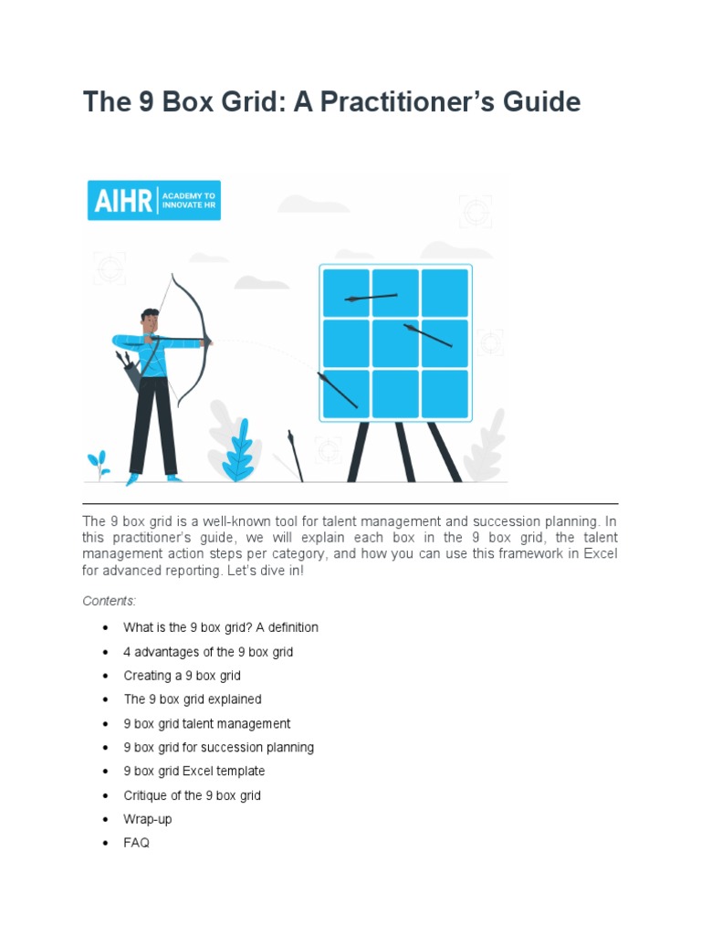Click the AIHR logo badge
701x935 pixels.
click(154, 200)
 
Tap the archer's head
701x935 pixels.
click(150, 320)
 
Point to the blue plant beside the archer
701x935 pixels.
click(238, 449)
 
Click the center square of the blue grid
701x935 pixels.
click(395, 342)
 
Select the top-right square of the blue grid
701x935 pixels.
click(445, 292)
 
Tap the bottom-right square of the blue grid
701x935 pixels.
click(445, 394)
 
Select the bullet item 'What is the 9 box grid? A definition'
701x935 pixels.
click(221, 628)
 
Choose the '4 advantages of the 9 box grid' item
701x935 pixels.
click(208, 652)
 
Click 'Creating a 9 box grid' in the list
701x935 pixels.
click(183, 676)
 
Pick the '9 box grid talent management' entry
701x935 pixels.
click(207, 723)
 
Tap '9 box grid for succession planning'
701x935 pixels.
click(219, 747)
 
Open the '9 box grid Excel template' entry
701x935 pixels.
click(194, 771)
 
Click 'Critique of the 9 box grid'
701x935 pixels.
click(193, 795)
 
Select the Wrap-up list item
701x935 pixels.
click(148, 819)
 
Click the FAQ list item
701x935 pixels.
click(137, 843)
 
